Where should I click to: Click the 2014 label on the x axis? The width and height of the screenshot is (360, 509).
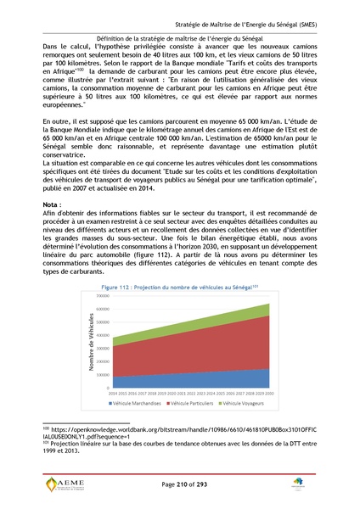click(x=114, y=392)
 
